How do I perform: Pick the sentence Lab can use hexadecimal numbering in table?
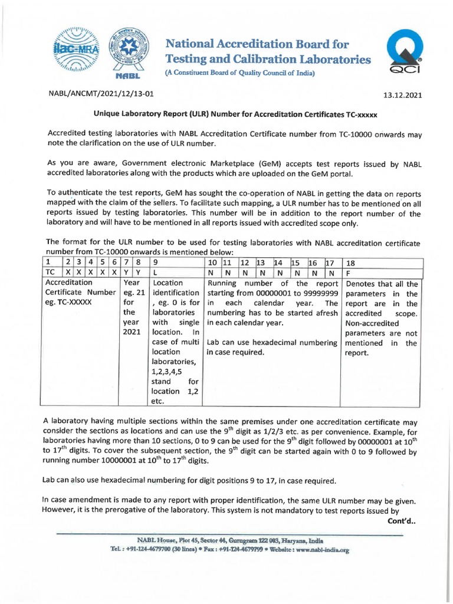point(271,343)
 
